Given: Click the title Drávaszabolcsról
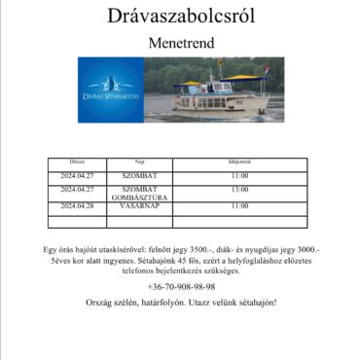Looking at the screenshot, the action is (x=180, y=17).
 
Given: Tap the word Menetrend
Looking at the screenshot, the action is (x=180, y=44).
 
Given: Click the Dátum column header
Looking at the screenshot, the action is (x=78, y=162).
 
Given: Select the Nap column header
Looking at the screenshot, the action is (x=140, y=162).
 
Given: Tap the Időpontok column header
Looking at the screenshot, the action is (x=239, y=162).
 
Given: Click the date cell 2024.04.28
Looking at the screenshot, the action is (x=78, y=206).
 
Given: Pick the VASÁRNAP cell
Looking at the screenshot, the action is (x=140, y=206).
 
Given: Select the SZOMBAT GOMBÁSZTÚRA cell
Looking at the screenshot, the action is (x=140, y=193).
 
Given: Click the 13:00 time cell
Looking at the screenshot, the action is (x=239, y=190).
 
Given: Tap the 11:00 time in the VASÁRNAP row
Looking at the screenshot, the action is (x=239, y=206).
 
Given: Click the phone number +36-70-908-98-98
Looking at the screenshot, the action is (x=180, y=287).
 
